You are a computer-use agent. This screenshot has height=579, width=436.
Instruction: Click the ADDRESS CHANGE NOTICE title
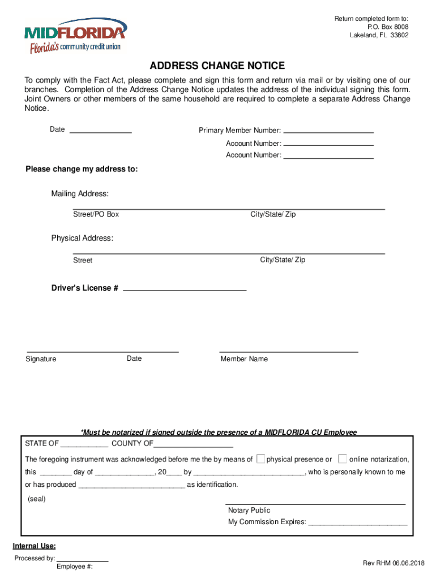[217, 66]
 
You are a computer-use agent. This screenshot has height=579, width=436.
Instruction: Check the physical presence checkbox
[260, 459]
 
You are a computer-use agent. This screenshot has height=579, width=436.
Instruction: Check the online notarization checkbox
[343, 459]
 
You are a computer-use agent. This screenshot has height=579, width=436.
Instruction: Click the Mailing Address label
[80, 194]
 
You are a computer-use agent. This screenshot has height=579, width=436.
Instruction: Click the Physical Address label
[82, 238]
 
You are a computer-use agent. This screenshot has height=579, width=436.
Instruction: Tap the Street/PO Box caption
[96, 215]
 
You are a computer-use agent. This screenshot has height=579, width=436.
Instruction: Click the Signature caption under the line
[41, 359]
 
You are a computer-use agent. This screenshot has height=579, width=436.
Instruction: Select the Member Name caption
[244, 359]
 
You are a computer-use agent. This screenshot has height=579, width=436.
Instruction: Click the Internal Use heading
[34, 546]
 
